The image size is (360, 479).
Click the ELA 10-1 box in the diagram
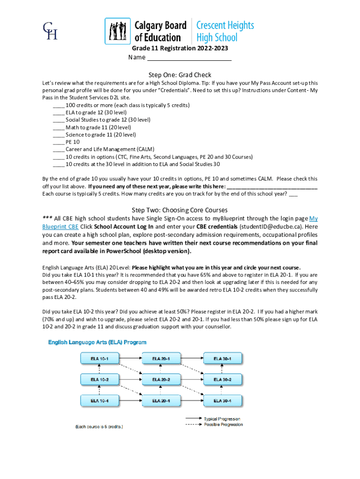[x=100, y=359]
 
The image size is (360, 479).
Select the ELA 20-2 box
[x=161, y=379]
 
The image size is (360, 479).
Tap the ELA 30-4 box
[x=223, y=400]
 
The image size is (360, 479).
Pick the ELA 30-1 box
[x=223, y=359]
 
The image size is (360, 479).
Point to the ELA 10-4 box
[x=100, y=400]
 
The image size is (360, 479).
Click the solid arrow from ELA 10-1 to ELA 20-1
[x=130, y=359]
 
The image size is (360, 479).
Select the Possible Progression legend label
[x=223, y=424]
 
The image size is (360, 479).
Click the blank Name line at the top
[x=189, y=58]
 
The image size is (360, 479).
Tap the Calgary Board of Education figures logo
[x=117, y=31]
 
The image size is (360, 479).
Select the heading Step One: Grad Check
[x=180, y=75]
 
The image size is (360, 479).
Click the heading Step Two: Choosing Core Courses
[x=180, y=210]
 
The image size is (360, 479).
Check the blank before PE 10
[x=58, y=142]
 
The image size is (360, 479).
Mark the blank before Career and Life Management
[x=58, y=150]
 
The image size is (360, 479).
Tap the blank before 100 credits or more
[x=58, y=105]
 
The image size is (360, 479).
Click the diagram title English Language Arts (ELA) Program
[x=98, y=343]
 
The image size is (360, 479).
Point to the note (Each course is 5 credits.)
[x=99, y=427]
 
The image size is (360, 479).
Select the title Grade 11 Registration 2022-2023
[x=180, y=49]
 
